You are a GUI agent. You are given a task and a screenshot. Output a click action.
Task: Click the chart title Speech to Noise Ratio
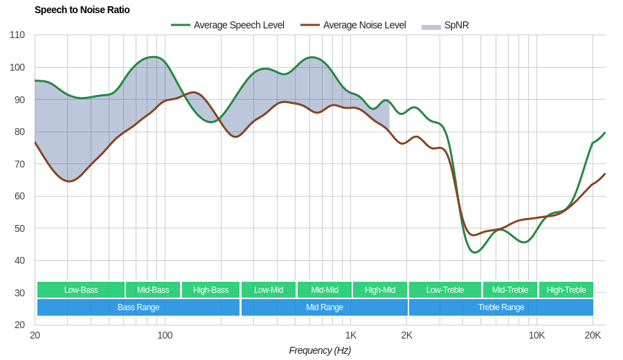82,10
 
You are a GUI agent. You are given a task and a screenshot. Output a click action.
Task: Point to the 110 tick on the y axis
17,35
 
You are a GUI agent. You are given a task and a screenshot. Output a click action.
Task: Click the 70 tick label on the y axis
19,164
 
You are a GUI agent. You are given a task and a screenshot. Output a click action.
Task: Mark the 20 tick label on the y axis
19,325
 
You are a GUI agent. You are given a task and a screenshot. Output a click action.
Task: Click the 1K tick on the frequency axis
351,335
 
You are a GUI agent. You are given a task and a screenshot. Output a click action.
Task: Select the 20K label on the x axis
593,335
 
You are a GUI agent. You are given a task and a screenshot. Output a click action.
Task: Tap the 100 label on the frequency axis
165,335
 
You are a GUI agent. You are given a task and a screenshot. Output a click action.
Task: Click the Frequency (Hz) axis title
320,350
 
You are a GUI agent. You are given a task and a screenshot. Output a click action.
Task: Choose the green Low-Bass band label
81,290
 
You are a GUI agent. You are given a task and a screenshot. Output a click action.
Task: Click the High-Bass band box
210,290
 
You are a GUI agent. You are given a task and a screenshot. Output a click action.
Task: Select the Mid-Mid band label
324,290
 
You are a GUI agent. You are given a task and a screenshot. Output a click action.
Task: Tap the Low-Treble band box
445,290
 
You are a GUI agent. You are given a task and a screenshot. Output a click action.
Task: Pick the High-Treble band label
566,290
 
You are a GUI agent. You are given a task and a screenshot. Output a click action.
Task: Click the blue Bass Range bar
138,307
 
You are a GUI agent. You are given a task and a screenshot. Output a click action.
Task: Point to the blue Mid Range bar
324,307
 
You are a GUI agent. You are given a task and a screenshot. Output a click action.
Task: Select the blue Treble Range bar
501,307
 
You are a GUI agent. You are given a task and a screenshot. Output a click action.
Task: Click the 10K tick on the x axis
536,335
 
